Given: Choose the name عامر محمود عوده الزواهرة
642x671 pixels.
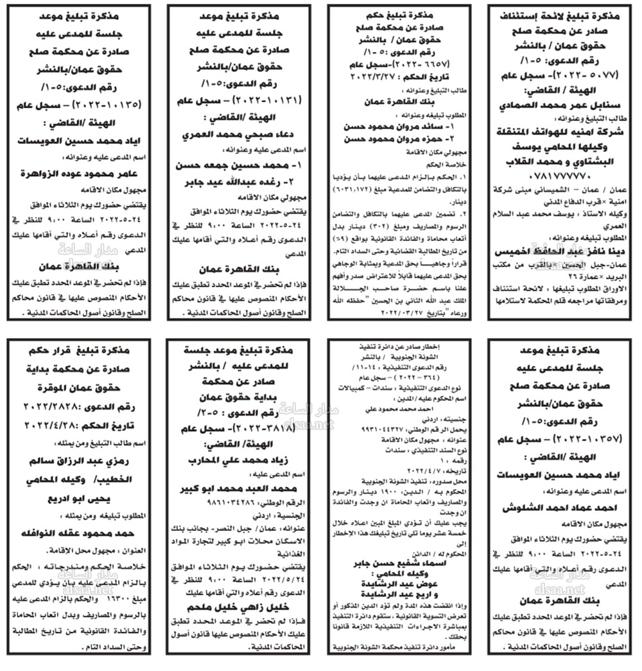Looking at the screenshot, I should point(80,173).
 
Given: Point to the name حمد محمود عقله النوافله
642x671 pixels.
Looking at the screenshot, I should point(80,533).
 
